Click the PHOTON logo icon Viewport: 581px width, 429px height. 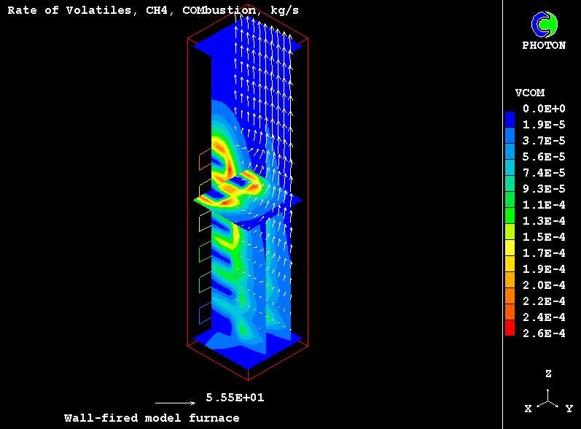pyautogui.click(x=545, y=25)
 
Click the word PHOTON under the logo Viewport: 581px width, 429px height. pyautogui.click(x=544, y=46)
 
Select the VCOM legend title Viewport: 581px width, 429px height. pyautogui.click(x=530, y=93)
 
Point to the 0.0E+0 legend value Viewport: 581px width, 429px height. pyautogui.click(x=544, y=109)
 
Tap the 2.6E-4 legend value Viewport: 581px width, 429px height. pyautogui.click(x=544, y=333)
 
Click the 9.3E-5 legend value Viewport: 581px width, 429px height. pyautogui.click(x=544, y=189)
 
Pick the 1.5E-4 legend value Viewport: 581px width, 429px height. pyautogui.click(x=544, y=237)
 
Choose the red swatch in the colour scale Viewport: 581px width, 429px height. pyautogui.click(x=510, y=328)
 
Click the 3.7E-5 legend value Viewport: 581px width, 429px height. pyautogui.click(x=544, y=141)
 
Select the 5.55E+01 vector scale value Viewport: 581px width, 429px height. pyautogui.click(x=235, y=398)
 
